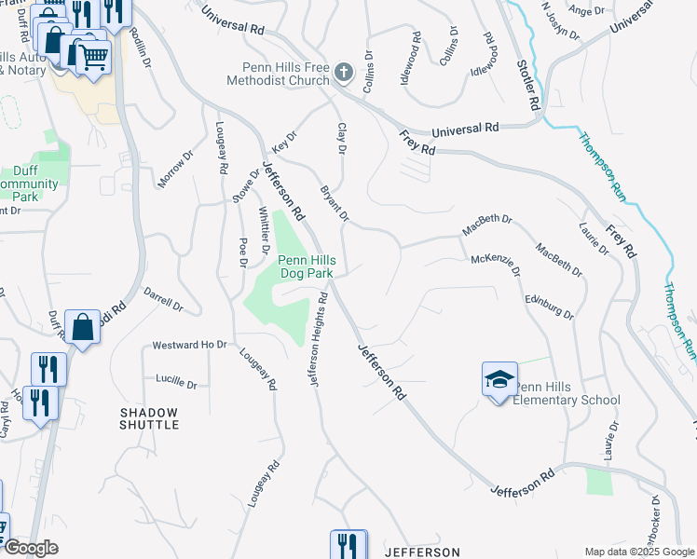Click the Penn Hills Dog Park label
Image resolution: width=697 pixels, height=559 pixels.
pos(307,266)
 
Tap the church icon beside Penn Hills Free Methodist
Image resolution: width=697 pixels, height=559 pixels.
pos(344,73)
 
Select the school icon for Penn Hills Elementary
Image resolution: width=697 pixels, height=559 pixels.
pos(499,379)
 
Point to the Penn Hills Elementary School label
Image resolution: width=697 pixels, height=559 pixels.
pos(568,393)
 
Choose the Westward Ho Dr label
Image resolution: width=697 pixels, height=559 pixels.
pos(189,345)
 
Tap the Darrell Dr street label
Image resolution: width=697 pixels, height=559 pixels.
pos(163,298)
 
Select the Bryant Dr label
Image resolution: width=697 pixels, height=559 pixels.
pos(335,204)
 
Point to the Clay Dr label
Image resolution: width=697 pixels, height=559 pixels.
pos(342,139)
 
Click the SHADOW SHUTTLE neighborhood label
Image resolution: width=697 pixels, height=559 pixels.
pos(149,418)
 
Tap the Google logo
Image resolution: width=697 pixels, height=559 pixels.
pos(31,548)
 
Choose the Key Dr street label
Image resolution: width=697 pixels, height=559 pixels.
pos(283,142)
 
